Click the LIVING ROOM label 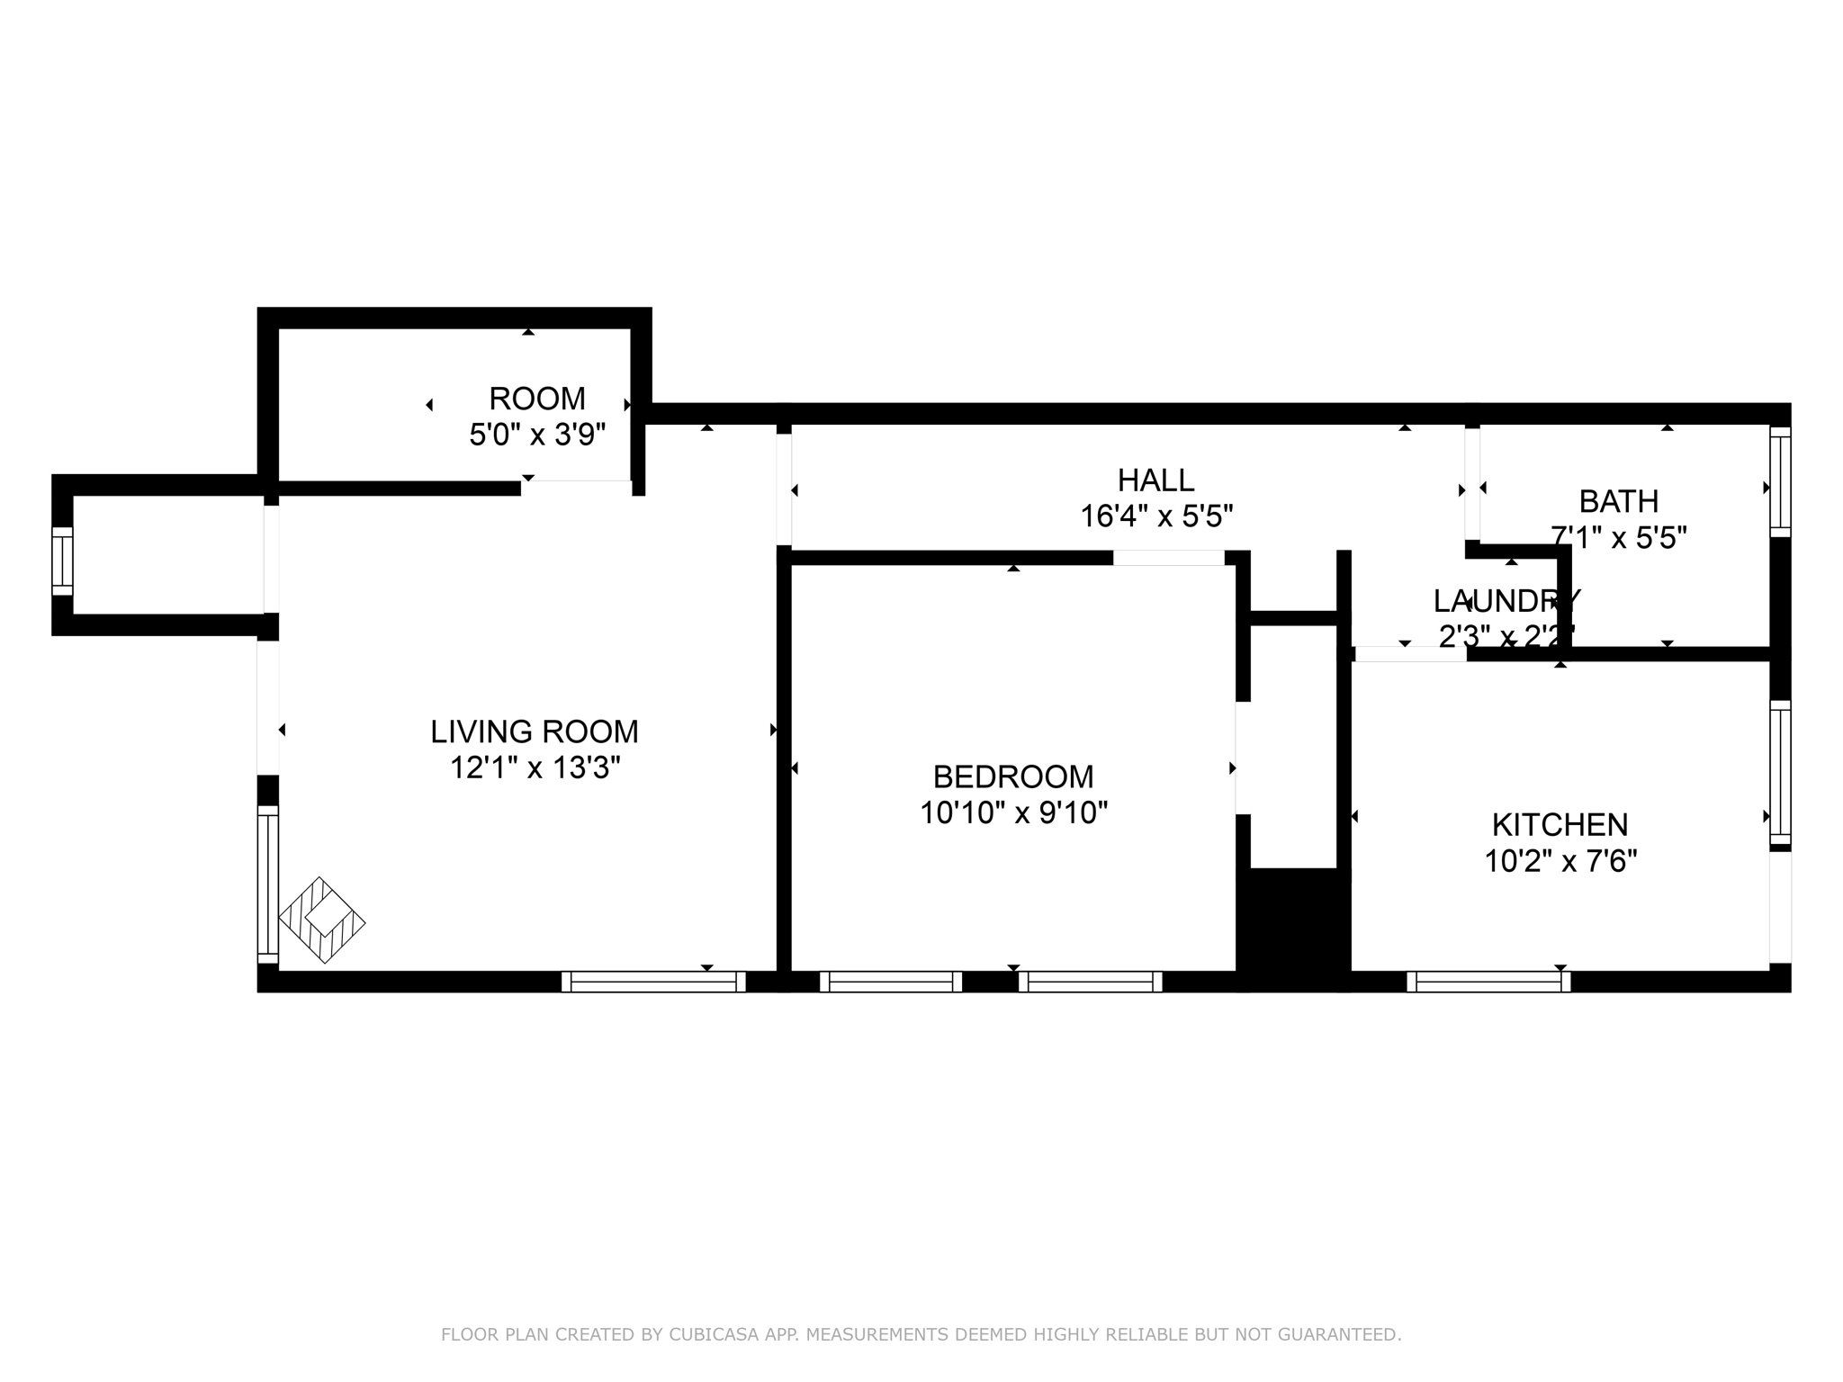[535, 731]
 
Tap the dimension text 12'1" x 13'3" [535, 768]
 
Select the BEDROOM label [1013, 776]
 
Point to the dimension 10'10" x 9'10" [1013, 813]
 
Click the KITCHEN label [1560, 825]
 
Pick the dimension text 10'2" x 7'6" [1560, 862]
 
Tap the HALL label [1155, 480]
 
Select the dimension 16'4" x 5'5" [1155, 516]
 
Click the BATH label [1618, 501]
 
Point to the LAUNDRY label [1506, 600]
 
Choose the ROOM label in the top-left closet [536, 399]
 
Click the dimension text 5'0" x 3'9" [536, 435]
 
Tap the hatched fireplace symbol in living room [322, 920]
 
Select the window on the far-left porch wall [62, 561]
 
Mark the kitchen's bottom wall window [1488, 982]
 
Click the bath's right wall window [1779, 481]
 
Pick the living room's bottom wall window [653, 982]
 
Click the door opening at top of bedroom [1168, 558]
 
